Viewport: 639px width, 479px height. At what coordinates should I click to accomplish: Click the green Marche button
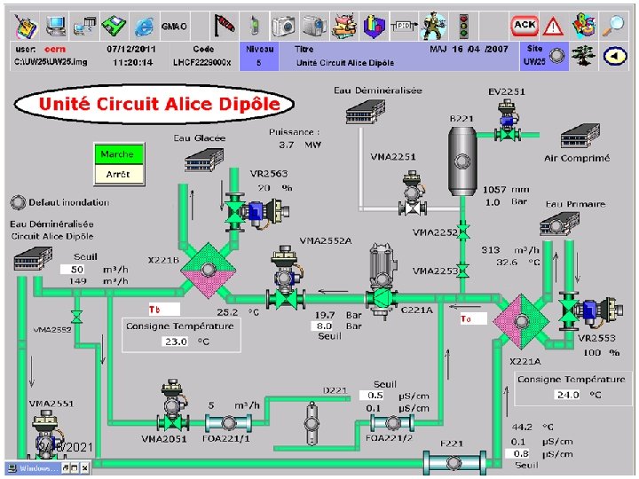117,154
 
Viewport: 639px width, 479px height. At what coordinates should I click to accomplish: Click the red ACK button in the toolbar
525,25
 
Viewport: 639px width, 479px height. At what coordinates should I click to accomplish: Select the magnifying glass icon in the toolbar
613,25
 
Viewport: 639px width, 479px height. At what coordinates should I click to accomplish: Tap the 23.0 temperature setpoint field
175,342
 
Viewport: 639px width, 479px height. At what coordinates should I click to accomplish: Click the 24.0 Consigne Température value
567,395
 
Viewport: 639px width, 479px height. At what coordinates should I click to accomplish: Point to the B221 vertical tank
462,160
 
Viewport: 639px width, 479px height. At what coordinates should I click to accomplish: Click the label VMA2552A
326,240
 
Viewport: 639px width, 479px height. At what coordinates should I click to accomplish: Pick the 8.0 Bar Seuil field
326,326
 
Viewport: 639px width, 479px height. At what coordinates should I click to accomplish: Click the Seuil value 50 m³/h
77,269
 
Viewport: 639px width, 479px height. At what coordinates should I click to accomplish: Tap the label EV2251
507,91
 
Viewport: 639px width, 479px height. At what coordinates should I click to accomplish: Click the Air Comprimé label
577,159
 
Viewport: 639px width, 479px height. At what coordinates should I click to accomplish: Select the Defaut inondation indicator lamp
17,201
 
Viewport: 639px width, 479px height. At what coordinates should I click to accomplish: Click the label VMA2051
163,438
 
